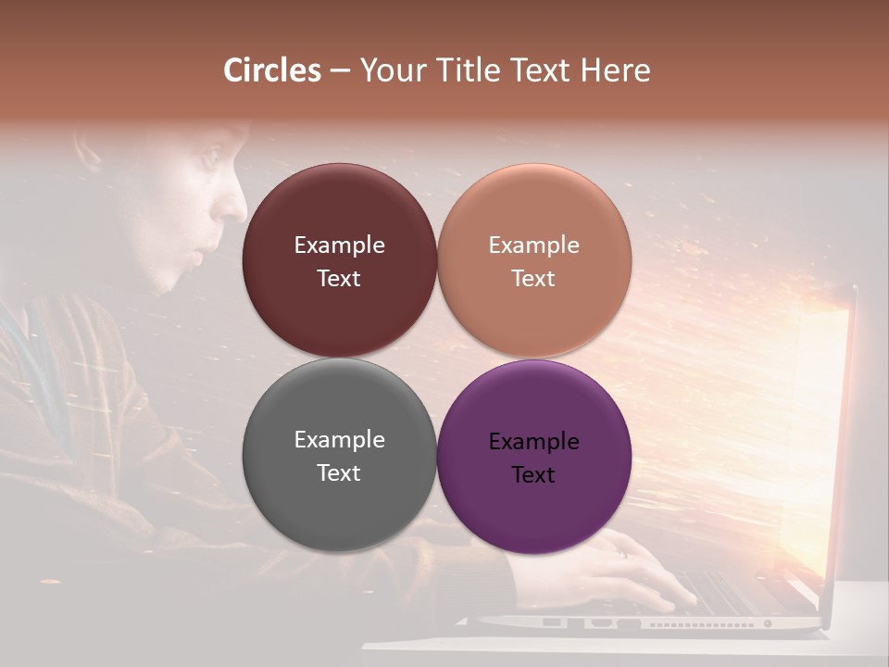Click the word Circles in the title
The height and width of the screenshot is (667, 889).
tap(272, 70)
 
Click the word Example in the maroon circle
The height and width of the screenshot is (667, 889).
tap(339, 245)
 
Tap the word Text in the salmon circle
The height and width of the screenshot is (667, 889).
tap(533, 279)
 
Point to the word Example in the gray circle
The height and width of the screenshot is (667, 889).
tap(339, 440)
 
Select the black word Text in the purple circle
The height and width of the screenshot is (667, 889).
tap(533, 475)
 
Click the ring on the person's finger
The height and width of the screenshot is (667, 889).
tap(623, 553)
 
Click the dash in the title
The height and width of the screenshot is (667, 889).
tap(339, 71)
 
